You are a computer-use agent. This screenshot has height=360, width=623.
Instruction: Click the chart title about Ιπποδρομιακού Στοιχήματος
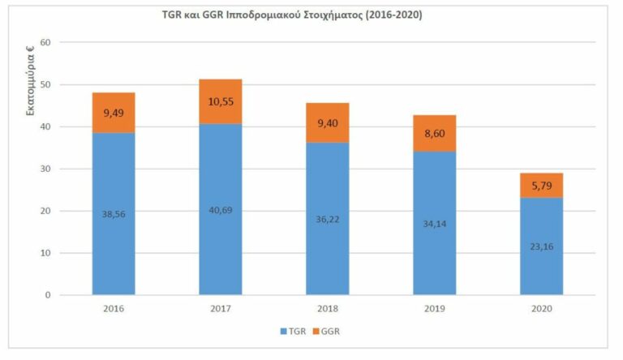[x=292, y=15]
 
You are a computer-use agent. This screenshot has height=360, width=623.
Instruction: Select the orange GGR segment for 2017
[x=221, y=101]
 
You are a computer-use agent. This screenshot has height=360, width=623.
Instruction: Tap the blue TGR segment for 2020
[x=542, y=246]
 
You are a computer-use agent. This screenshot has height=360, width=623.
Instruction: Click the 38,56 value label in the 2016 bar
[x=114, y=214]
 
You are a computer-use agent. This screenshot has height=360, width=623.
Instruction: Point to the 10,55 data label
[x=221, y=101]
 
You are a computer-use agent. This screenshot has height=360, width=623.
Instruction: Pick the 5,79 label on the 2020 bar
[x=542, y=186]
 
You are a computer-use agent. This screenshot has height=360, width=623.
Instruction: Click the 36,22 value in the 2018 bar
[x=328, y=220]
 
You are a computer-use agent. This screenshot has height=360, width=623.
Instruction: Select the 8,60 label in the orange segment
[x=435, y=134]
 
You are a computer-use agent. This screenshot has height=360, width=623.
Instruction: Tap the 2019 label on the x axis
[x=435, y=309]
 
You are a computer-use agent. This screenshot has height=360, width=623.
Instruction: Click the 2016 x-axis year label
[x=114, y=309]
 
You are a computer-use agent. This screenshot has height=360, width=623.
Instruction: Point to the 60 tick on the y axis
[x=45, y=42]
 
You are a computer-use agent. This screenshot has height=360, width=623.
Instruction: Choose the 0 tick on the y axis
[x=48, y=295]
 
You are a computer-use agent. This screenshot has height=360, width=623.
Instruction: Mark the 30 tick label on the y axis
[x=45, y=169]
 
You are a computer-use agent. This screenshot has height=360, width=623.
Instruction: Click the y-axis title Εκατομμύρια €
[x=30, y=81]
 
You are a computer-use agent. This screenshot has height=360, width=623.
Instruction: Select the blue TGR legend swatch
[x=283, y=332]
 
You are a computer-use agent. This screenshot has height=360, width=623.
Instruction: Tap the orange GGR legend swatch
[x=316, y=332]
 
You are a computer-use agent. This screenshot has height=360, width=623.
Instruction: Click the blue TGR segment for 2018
[x=328, y=219]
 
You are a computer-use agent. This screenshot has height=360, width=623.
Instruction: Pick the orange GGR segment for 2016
[x=114, y=113]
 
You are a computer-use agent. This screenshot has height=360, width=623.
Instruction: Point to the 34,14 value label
[x=435, y=224]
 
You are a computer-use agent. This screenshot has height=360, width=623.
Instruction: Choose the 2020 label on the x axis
[x=542, y=309]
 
